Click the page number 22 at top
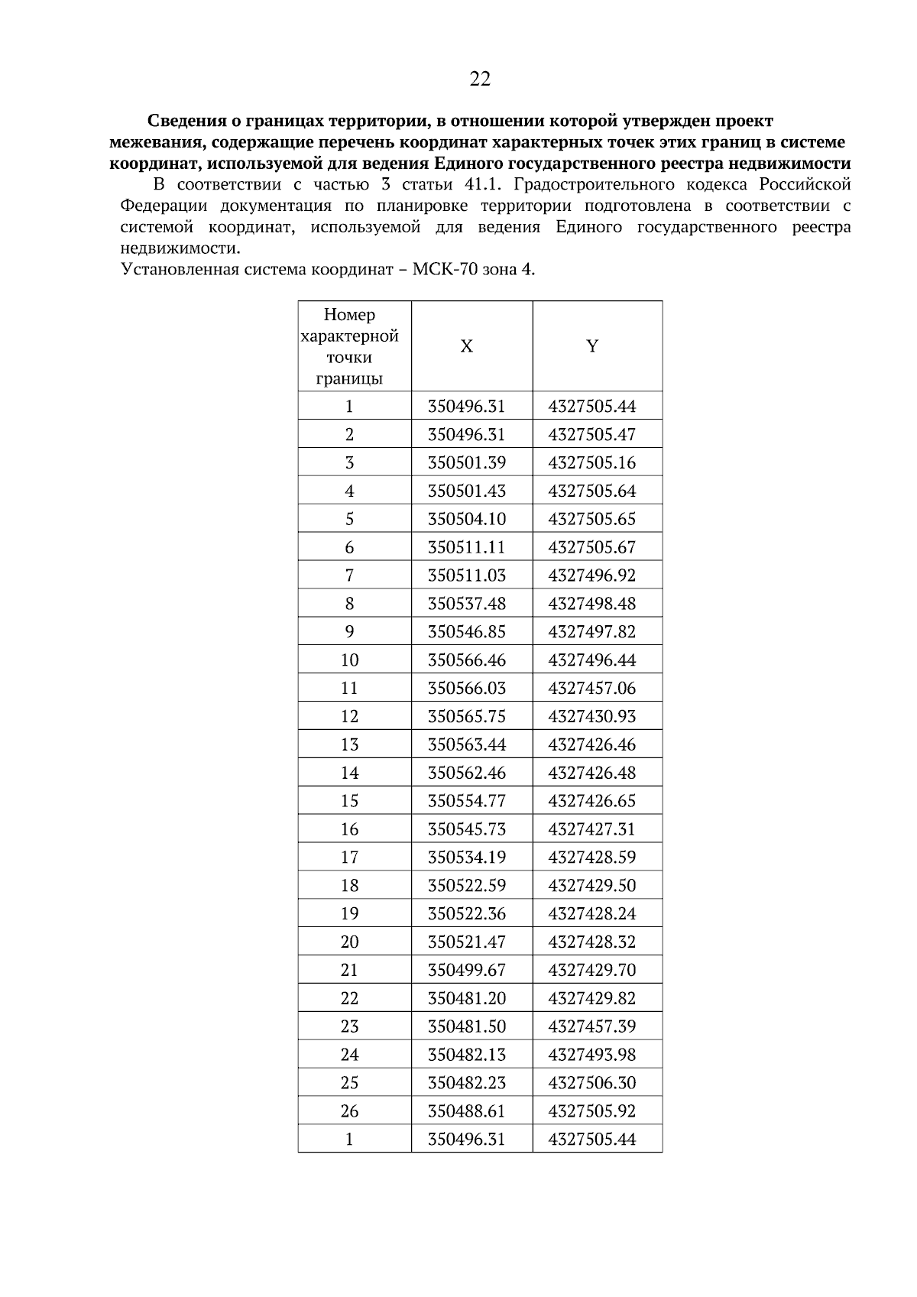point(480,79)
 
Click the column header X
point(466,346)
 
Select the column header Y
point(592,346)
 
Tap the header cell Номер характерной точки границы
point(350,346)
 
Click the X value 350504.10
point(466,519)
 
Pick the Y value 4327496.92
point(592,576)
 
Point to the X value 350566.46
point(466,660)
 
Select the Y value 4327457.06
point(592,689)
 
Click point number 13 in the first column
point(350,745)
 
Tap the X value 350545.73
point(466,829)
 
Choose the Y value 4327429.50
point(592,886)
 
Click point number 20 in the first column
point(350,942)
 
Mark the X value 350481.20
point(466,998)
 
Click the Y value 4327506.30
point(592,1083)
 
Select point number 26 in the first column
point(350,1111)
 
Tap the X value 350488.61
point(466,1111)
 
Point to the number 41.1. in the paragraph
point(485,184)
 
